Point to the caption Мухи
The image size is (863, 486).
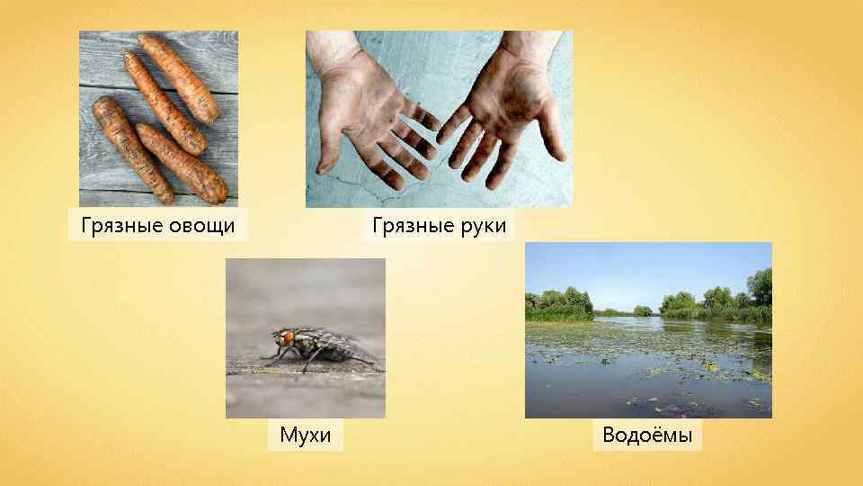[306, 436]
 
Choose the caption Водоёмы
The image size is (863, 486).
[647, 436]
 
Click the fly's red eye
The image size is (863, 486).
[288, 338]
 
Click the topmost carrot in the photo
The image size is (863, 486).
[180, 76]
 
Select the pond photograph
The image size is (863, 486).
[647, 360]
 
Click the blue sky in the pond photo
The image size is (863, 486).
[647, 265]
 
